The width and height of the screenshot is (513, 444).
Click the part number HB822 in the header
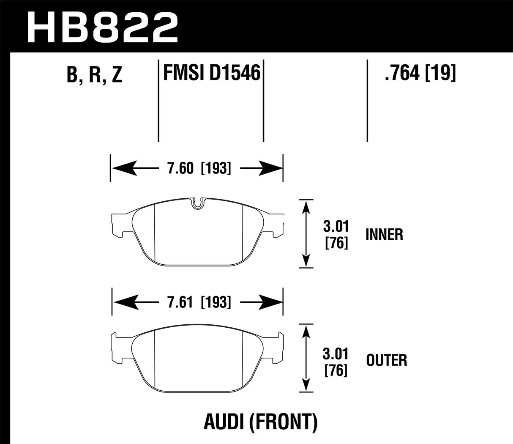(x=102, y=26)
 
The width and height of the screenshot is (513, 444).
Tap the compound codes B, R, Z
(x=94, y=75)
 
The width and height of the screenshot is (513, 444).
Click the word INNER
(x=385, y=234)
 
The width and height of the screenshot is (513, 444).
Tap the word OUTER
(x=386, y=360)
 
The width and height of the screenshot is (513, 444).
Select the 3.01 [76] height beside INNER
(x=336, y=234)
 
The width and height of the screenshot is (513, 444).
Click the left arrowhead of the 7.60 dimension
(x=121, y=168)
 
